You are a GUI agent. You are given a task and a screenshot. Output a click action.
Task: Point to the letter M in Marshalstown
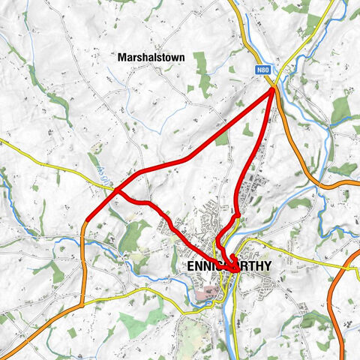(x=121, y=56)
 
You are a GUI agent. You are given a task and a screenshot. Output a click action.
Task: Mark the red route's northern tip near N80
(x=272, y=88)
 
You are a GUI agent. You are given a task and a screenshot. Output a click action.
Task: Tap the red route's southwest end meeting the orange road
(x=86, y=221)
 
